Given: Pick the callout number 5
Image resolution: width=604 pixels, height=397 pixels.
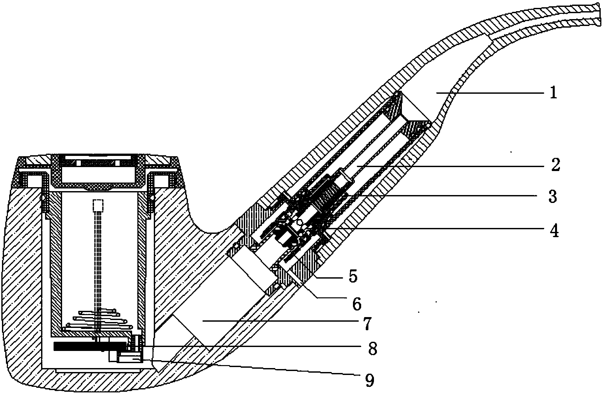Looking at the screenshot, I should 353,277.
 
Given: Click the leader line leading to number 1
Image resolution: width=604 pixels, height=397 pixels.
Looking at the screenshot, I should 493,93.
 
